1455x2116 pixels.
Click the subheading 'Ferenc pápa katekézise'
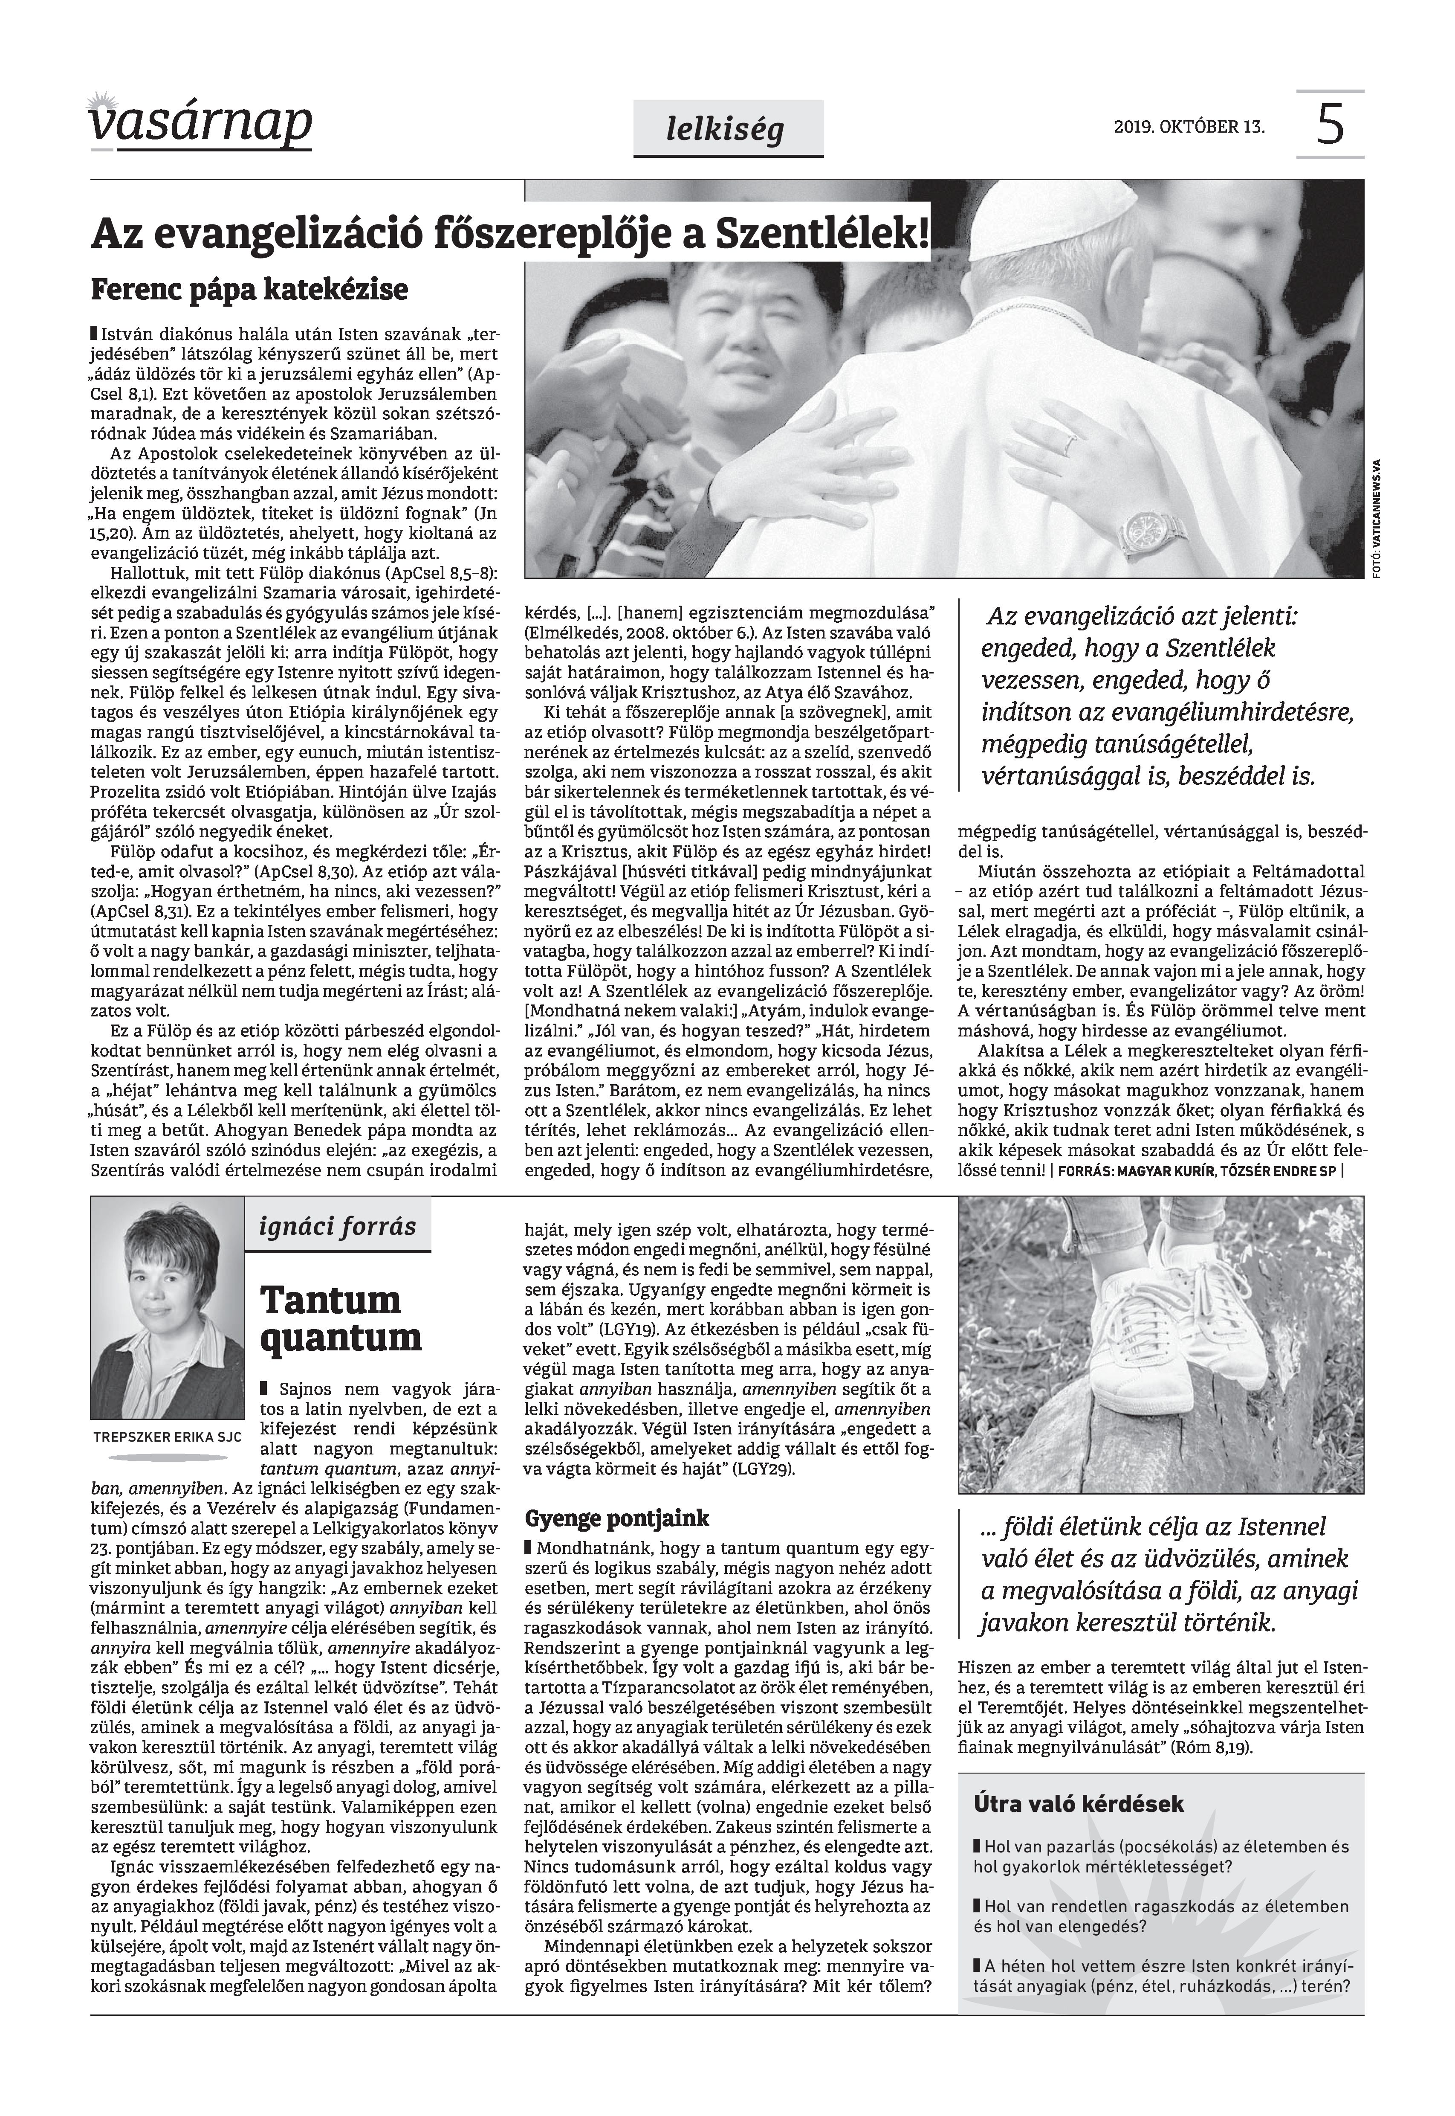coord(249,290)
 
